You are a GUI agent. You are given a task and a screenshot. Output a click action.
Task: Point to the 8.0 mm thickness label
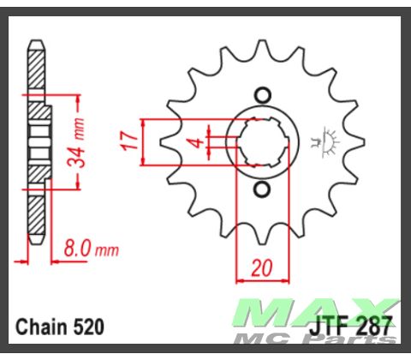point(90,250)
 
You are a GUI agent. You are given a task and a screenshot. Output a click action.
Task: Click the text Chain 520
point(61,327)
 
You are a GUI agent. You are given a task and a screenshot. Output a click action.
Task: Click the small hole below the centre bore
point(263,188)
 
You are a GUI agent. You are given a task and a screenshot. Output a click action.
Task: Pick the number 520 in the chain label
point(88,327)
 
